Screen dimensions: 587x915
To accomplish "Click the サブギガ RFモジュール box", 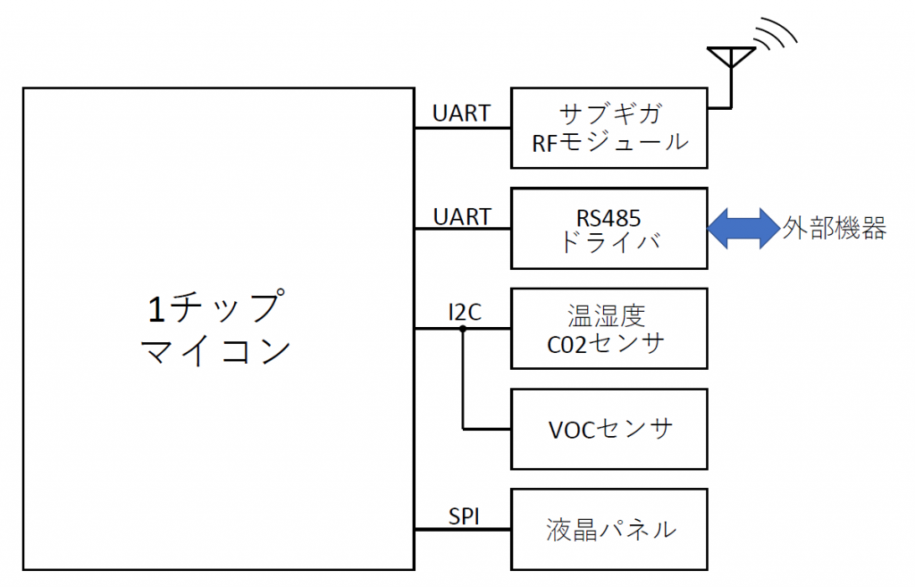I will coord(609,128).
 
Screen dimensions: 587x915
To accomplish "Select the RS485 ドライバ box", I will coord(609,228).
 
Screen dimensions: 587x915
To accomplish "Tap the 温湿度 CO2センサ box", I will coord(609,328).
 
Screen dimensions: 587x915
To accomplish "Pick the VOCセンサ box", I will coord(609,429).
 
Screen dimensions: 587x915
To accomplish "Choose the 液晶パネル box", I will coord(609,529).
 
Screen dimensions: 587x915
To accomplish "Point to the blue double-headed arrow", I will coord(743,228).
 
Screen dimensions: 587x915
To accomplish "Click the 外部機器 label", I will coord(835,228).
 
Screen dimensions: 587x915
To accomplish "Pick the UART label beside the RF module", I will coord(461,113).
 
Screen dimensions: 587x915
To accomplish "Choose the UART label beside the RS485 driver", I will coord(461,216).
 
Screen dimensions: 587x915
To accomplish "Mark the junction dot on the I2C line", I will coord(463,329).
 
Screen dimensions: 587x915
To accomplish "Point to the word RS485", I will coord(609,215).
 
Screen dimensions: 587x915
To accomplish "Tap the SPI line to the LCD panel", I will coord(462,530).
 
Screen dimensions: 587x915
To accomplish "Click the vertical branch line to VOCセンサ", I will coord(463,380).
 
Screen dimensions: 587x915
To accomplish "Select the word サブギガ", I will coord(609,114).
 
